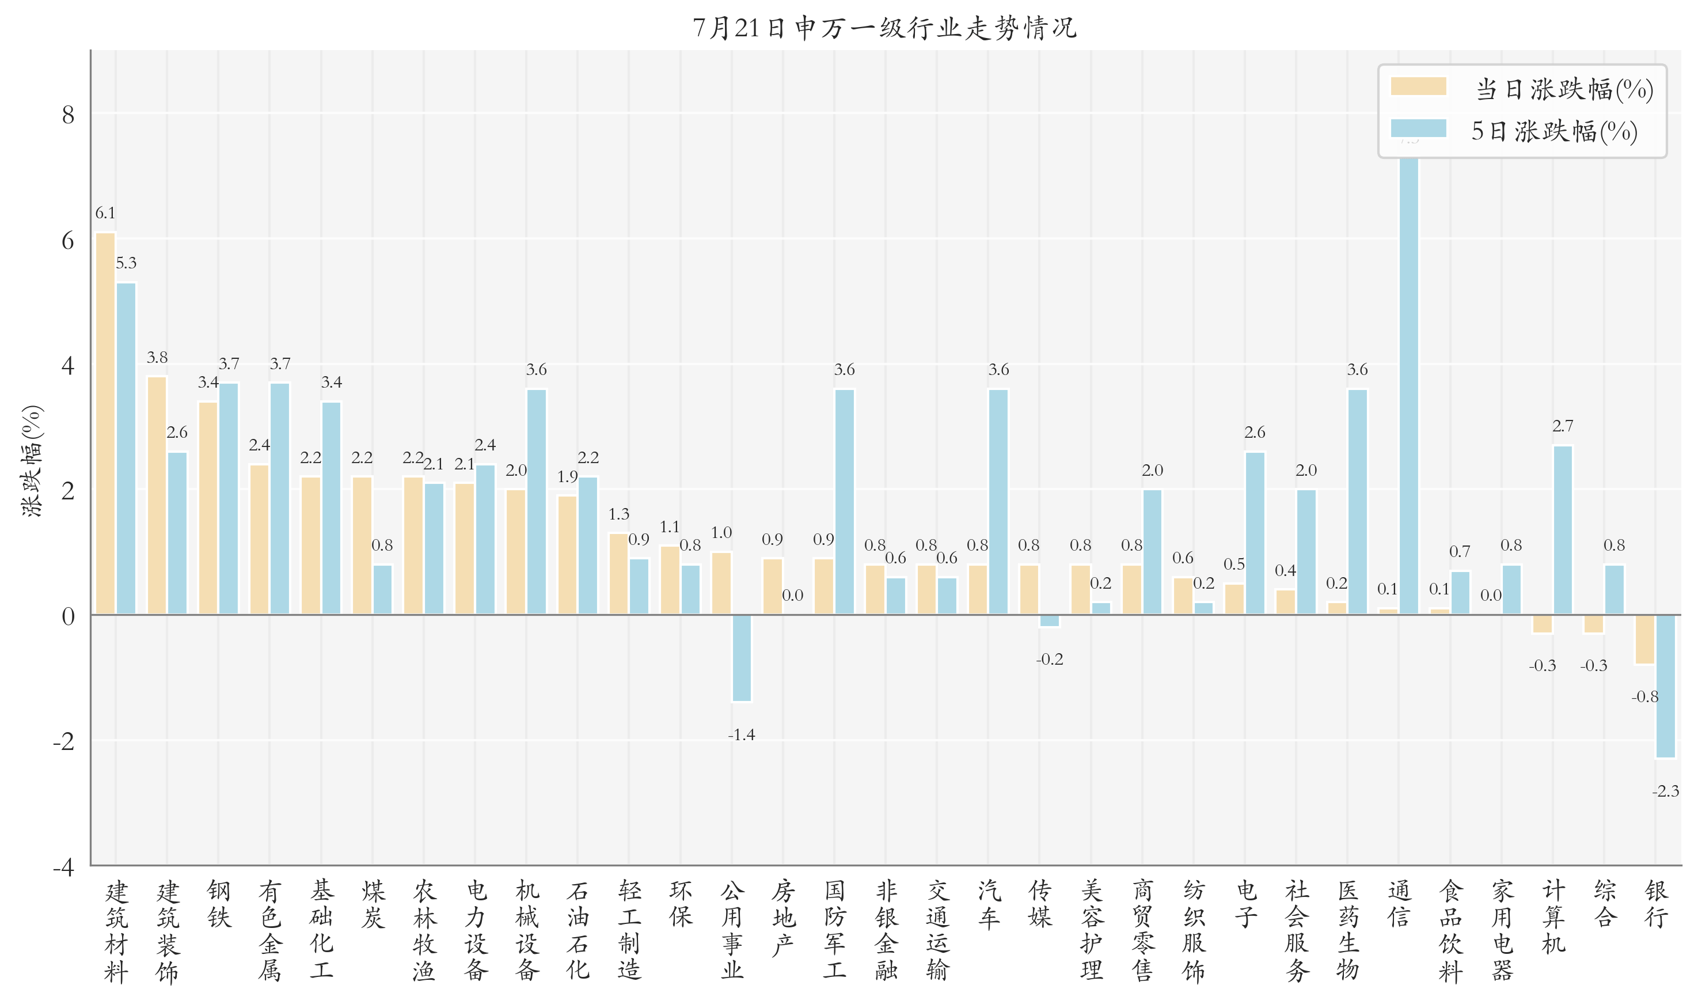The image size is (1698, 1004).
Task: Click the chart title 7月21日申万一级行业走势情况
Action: tap(884, 28)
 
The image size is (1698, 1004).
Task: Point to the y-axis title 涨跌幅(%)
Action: tap(32, 461)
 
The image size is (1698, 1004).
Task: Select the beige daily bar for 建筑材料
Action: tap(105, 423)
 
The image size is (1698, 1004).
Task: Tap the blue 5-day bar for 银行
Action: tap(1666, 686)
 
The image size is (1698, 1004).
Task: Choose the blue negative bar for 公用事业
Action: tap(742, 658)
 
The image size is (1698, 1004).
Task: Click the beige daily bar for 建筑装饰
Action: tap(157, 495)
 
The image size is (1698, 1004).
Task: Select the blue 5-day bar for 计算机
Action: tap(1563, 530)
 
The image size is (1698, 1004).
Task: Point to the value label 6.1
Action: tap(105, 213)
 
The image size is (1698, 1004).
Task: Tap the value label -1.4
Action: tap(741, 735)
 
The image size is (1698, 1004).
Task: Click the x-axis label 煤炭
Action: tap(373, 904)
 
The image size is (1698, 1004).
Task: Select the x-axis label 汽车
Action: tap(989, 904)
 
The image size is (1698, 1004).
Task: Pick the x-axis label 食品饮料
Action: tap(1450, 931)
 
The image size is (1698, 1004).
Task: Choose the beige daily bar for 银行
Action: tap(1644, 639)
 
